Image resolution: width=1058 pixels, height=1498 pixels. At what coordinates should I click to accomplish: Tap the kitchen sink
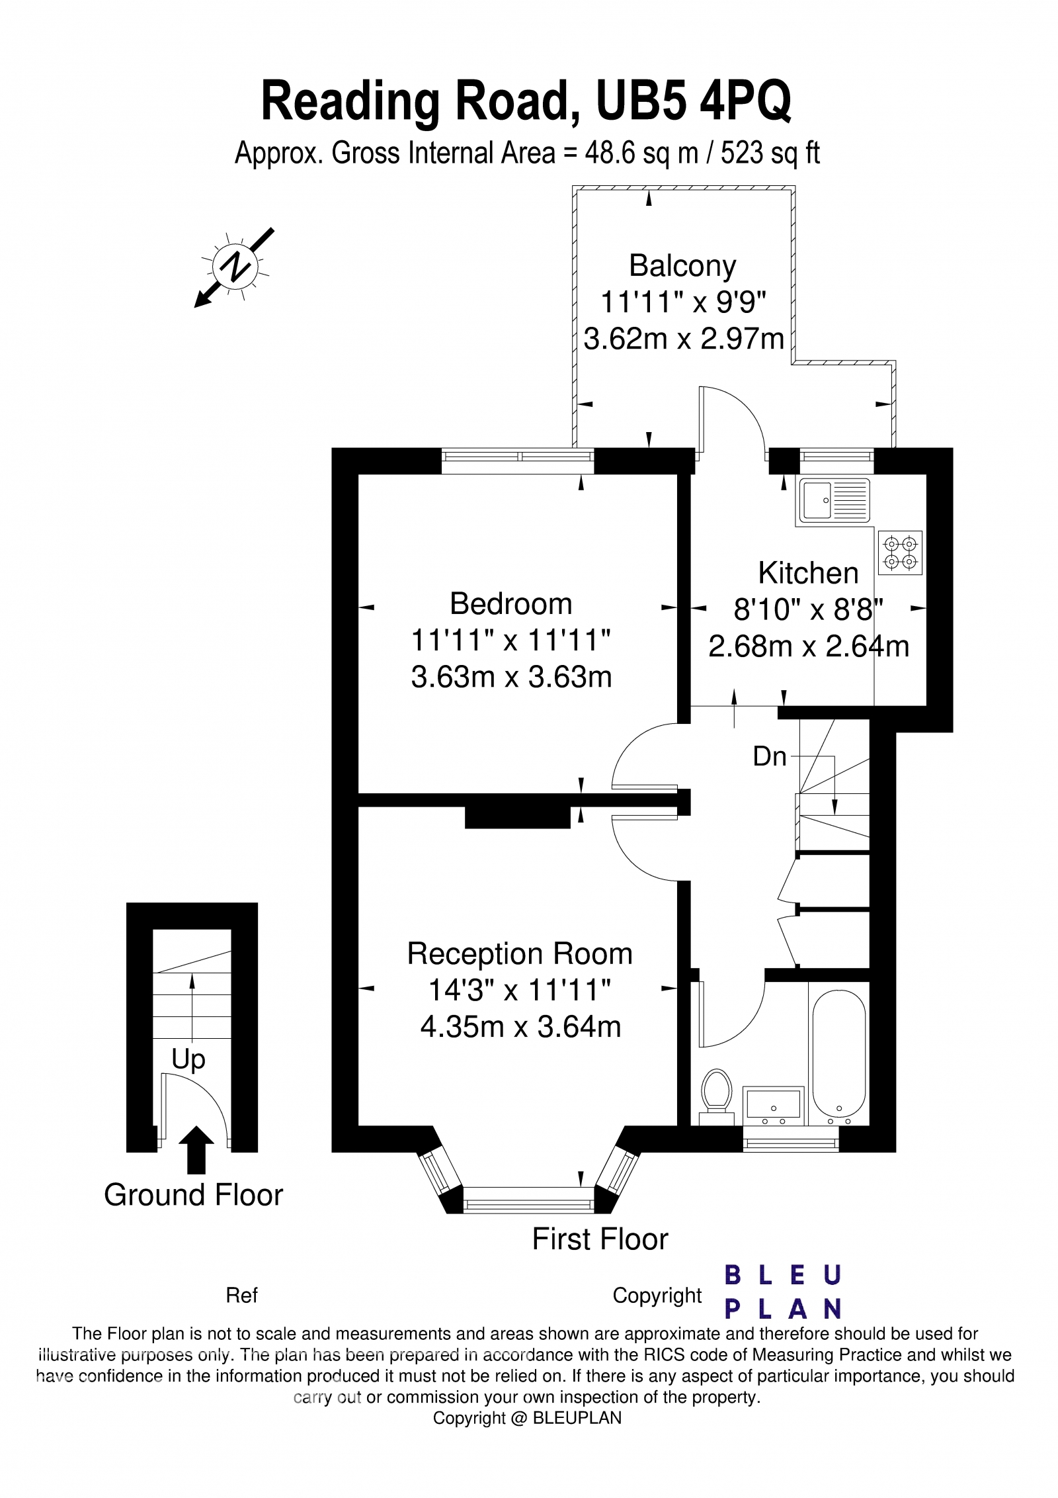tap(834, 501)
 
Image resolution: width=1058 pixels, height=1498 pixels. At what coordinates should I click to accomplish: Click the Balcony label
tap(682, 266)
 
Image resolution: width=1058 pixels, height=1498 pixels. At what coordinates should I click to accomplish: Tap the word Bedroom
tap(510, 604)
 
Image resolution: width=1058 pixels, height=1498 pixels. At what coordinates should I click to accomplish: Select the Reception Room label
tap(520, 954)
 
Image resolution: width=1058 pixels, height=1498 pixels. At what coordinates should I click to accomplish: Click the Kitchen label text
tap(808, 573)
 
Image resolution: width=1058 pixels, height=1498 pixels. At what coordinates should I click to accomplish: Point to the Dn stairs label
tap(770, 756)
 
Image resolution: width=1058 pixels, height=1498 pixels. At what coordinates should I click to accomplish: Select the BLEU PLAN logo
tap(783, 1294)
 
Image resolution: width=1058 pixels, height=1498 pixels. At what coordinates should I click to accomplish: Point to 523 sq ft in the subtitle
tap(770, 154)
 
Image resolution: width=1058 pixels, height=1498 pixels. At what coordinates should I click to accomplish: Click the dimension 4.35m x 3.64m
tap(520, 1027)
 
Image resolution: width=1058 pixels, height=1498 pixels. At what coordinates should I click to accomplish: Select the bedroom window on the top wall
tap(518, 456)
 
